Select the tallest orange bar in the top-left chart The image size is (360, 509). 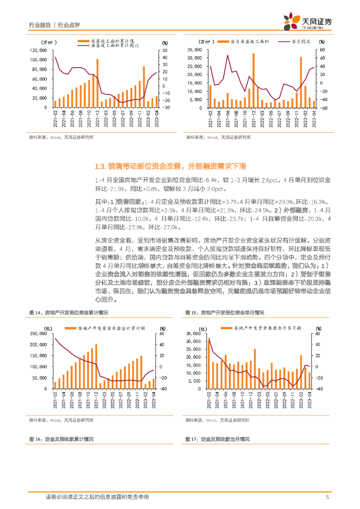click(x=97, y=83)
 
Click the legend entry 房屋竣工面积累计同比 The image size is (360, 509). click(x=115, y=45)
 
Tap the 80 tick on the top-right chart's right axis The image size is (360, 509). click(x=322, y=50)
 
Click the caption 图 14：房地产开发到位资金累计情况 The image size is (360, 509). click(x=69, y=312)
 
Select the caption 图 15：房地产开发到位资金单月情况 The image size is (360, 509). click(x=224, y=312)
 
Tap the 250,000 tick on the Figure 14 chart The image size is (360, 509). click(x=40, y=334)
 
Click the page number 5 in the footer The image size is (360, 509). click(x=327, y=497)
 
